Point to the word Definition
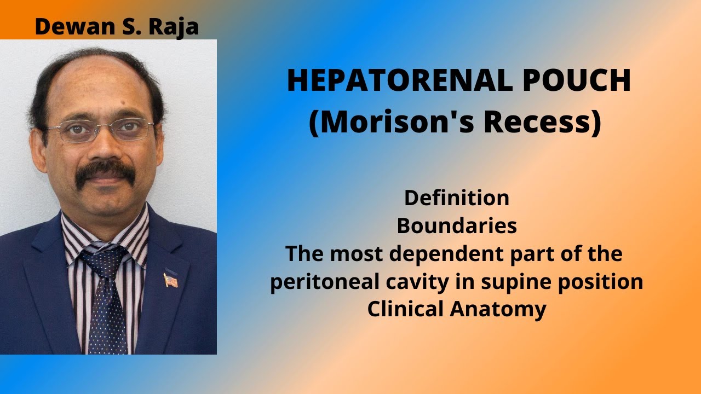pyautogui.click(x=457, y=198)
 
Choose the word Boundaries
pyautogui.click(x=457, y=225)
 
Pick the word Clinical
pyautogui.click(x=406, y=309)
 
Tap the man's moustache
pyautogui.click(x=105, y=173)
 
